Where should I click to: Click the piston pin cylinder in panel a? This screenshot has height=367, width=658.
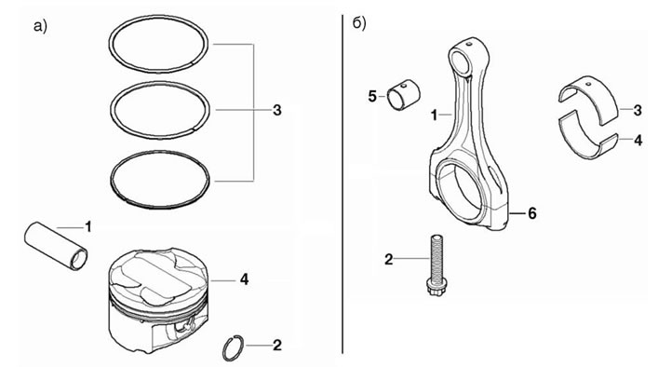(56, 245)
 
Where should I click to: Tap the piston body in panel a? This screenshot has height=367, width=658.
(158, 300)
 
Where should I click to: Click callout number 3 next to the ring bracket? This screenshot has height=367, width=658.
(277, 111)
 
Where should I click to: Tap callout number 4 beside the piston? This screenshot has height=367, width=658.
(244, 279)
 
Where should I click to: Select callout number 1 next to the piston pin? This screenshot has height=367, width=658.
(88, 226)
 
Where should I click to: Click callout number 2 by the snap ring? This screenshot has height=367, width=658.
(277, 346)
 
